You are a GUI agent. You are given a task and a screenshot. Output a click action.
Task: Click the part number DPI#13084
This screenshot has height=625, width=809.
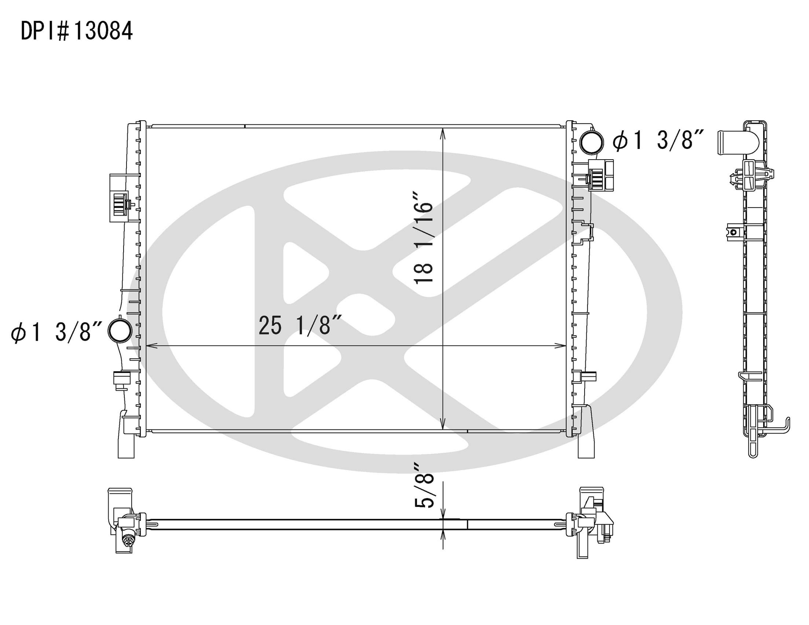77,31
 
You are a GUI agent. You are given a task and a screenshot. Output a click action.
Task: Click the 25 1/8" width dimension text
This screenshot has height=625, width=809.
300,325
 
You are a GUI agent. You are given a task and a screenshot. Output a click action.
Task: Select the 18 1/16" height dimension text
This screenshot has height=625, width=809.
424,243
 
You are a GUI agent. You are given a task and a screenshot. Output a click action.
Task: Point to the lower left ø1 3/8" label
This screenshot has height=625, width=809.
56,331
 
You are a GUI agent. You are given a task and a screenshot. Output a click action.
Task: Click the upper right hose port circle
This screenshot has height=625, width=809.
592,142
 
